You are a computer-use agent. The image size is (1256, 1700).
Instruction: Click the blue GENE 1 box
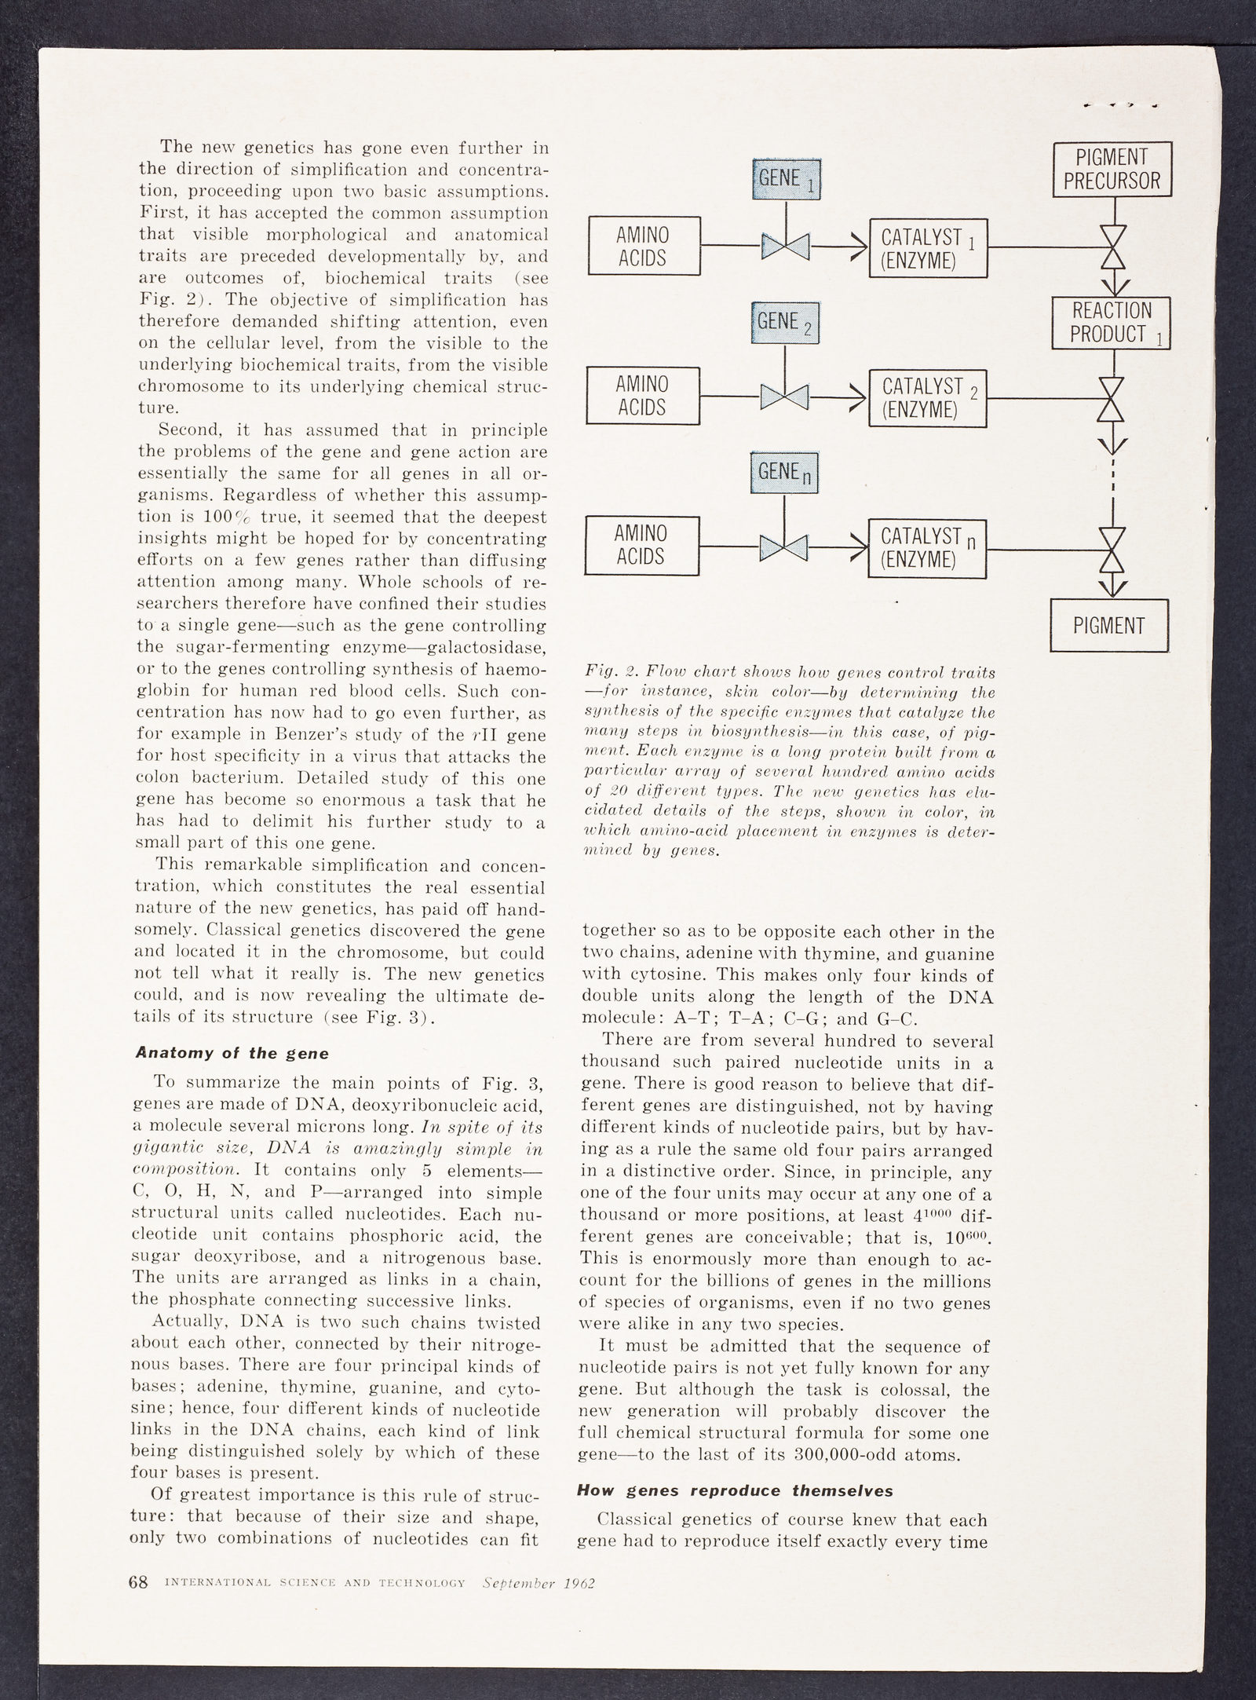(786, 179)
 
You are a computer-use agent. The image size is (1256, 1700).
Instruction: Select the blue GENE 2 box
(785, 323)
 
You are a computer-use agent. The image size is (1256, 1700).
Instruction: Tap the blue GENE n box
(784, 473)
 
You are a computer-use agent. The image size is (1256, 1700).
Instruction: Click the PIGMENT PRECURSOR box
(1112, 169)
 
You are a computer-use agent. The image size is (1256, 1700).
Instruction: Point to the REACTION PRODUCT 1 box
(1111, 323)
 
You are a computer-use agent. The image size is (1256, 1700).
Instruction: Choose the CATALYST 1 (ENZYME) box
(928, 248)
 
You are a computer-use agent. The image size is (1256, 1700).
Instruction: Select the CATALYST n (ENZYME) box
(927, 547)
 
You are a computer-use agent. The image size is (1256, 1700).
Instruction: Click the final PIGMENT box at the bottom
(1108, 625)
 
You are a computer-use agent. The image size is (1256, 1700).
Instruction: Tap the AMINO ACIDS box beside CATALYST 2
(643, 396)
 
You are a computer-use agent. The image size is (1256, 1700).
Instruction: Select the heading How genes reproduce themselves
(735, 1490)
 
